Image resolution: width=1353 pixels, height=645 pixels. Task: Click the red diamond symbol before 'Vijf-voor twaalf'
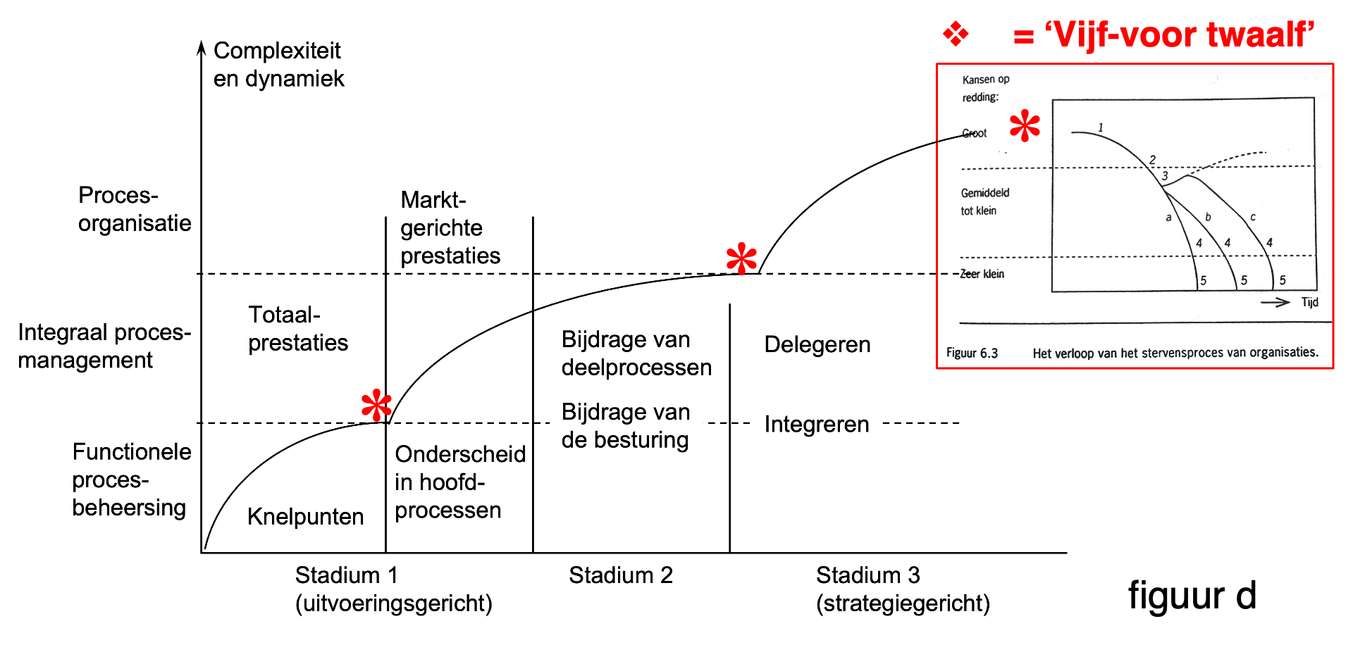tap(956, 33)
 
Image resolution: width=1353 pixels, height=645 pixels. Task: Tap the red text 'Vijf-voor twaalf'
tap(1180, 35)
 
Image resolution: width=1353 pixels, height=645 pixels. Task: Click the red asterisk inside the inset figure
tap(1025, 126)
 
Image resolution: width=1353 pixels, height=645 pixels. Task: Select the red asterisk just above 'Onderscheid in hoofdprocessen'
tap(376, 405)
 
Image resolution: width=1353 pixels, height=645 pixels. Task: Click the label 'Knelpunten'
tap(306, 517)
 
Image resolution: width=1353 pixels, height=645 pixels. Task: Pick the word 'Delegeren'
tap(817, 344)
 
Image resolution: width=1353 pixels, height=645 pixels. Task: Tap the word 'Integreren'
tap(817, 424)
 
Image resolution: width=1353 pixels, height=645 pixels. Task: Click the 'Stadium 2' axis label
tap(621, 575)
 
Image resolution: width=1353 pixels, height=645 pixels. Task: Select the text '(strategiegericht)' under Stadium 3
tap(903, 603)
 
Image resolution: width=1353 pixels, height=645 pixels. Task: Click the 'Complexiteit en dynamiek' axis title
tap(279, 64)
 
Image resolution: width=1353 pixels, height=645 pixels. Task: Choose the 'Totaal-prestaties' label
tap(298, 328)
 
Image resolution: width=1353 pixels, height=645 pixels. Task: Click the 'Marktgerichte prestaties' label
tap(450, 227)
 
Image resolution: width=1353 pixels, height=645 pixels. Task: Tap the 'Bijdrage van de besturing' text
tap(626, 425)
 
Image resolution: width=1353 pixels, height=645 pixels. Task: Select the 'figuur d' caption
tap(1192, 596)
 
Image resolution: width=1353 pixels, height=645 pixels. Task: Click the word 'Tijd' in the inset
tap(1309, 302)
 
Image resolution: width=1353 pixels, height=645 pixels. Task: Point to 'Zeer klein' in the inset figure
tap(982, 274)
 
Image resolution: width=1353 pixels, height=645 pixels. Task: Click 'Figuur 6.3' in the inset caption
tap(972, 353)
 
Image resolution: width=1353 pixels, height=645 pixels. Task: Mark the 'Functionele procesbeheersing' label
tap(132, 480)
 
